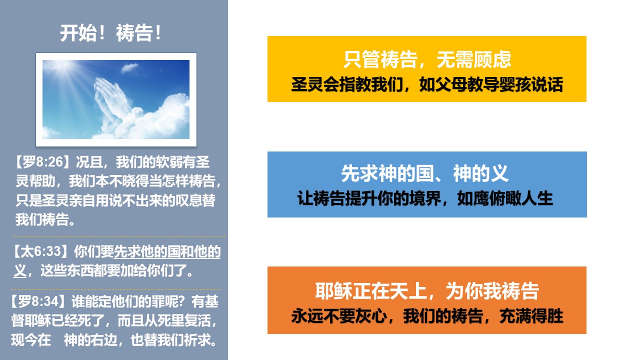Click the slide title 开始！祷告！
111,33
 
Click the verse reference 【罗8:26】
42,162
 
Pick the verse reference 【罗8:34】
38,301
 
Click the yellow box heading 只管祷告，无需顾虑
427,59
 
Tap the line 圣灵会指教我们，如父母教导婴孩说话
427,84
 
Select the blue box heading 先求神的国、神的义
425,173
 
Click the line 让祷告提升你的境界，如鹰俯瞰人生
425,198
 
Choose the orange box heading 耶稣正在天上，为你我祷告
427,291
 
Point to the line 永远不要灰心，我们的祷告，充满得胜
427,316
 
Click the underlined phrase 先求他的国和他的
167,251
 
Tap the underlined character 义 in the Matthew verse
20,270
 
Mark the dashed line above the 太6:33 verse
119,236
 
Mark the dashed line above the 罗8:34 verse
116,289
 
